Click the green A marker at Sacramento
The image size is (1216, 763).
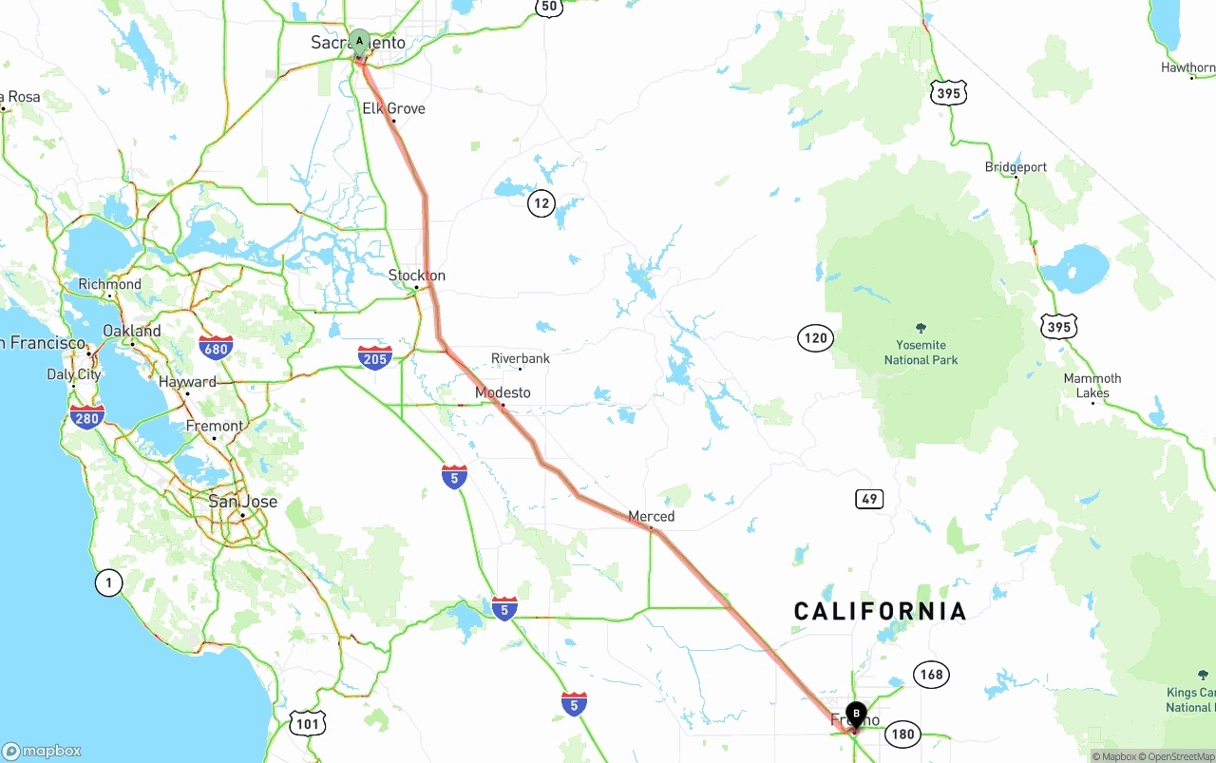coord(359,40)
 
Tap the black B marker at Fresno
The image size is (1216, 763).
coord(856,713)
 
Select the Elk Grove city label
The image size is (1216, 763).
coord(393,108)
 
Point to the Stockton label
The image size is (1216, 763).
coord(417,276)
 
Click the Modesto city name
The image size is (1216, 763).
coord(503,392)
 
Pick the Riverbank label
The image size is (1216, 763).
coord(520,358)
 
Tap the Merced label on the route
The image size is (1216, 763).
coord(651,516)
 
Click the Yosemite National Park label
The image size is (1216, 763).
coord(921,352)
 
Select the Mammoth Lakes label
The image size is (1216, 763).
coord(1092,385)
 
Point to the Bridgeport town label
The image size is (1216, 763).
coord(1016,167)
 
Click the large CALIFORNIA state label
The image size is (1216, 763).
coord(880,611)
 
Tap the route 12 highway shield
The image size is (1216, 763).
coord(541,202)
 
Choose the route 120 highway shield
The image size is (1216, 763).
coord(815,337)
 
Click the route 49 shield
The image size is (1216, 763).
coord(868,499)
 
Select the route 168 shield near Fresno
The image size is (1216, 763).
coord(931,675)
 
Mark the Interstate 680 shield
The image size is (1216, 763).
coord(216,348)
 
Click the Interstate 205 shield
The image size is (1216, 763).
coord(375,357)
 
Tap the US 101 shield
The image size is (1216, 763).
coord(307,723)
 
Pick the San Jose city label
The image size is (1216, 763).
coord(242,502)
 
